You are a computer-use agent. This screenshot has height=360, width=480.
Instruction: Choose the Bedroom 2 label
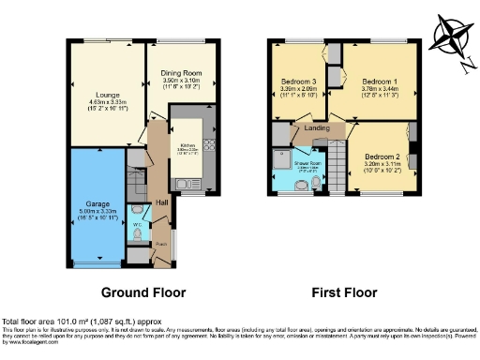click(382, 156)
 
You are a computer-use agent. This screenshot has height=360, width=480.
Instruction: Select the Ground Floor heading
click(143, 292)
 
